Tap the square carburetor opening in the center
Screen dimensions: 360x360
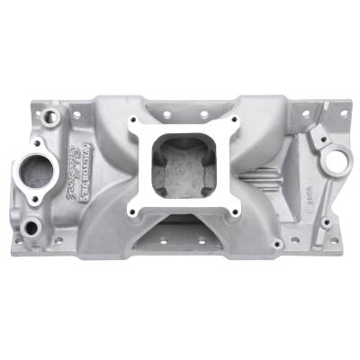click(178, 168)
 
